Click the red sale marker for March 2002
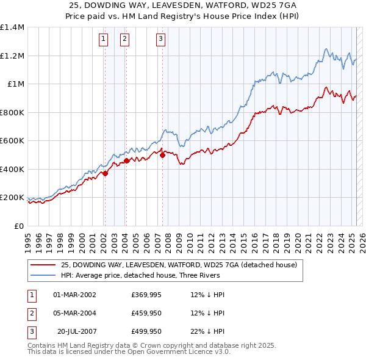105,173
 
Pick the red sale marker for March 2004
126,161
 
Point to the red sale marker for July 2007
163,155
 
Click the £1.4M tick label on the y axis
12,27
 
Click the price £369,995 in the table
145,295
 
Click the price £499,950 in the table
145,332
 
